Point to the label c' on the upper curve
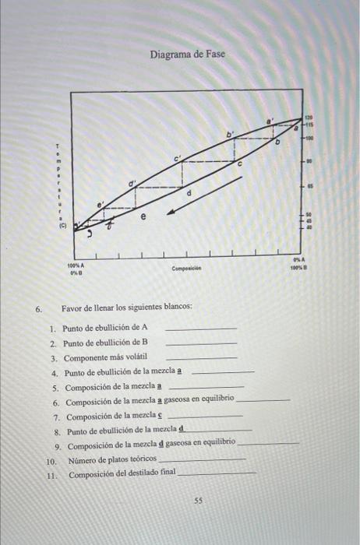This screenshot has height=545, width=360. click(x=178, y=158)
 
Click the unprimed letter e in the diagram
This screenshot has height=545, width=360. click(x=143, y=219)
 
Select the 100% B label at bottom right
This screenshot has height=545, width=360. click(x=296, y=265)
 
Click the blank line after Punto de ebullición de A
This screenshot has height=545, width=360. click(x=201, y=329)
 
